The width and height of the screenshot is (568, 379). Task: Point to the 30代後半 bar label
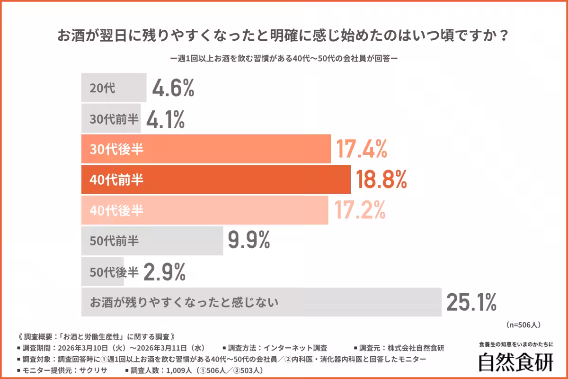tap(116, 150)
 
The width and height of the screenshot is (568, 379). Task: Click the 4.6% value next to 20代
tap(173, 88)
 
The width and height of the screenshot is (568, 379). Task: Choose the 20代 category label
tap(102, 89)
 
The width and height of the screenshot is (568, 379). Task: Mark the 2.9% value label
tap(164, 271)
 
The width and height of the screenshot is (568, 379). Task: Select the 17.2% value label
tap(361, 210)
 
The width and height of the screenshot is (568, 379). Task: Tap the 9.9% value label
tap(248, 241)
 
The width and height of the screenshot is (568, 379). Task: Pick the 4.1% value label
tap(165, 119)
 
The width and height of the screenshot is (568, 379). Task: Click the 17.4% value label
tap(362, 149)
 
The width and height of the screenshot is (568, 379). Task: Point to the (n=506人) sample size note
tap(523, 325)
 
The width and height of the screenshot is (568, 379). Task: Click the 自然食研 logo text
tap(515, 362)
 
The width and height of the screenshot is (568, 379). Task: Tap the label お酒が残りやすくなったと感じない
tap(184, 302)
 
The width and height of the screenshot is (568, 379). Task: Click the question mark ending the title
tap(504, 36)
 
